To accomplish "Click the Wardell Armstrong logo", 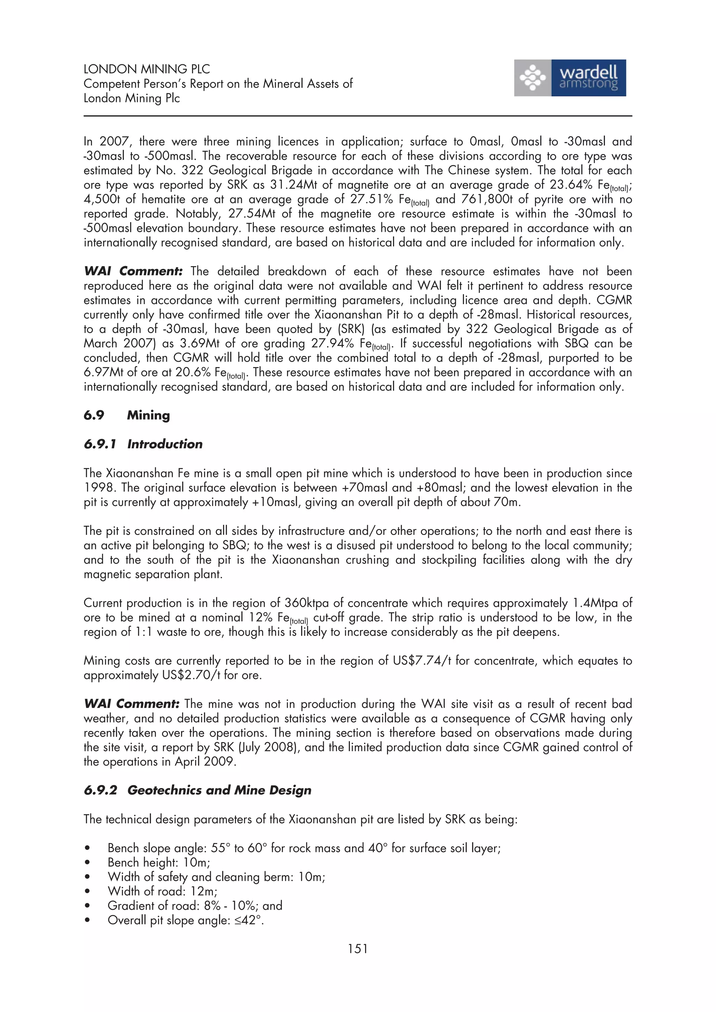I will point(570,78).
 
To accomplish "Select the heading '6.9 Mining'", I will point(127,415).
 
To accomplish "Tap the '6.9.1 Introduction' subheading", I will point(143,444).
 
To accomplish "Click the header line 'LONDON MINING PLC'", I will point(146,69).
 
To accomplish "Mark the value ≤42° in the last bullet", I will point(249,920).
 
